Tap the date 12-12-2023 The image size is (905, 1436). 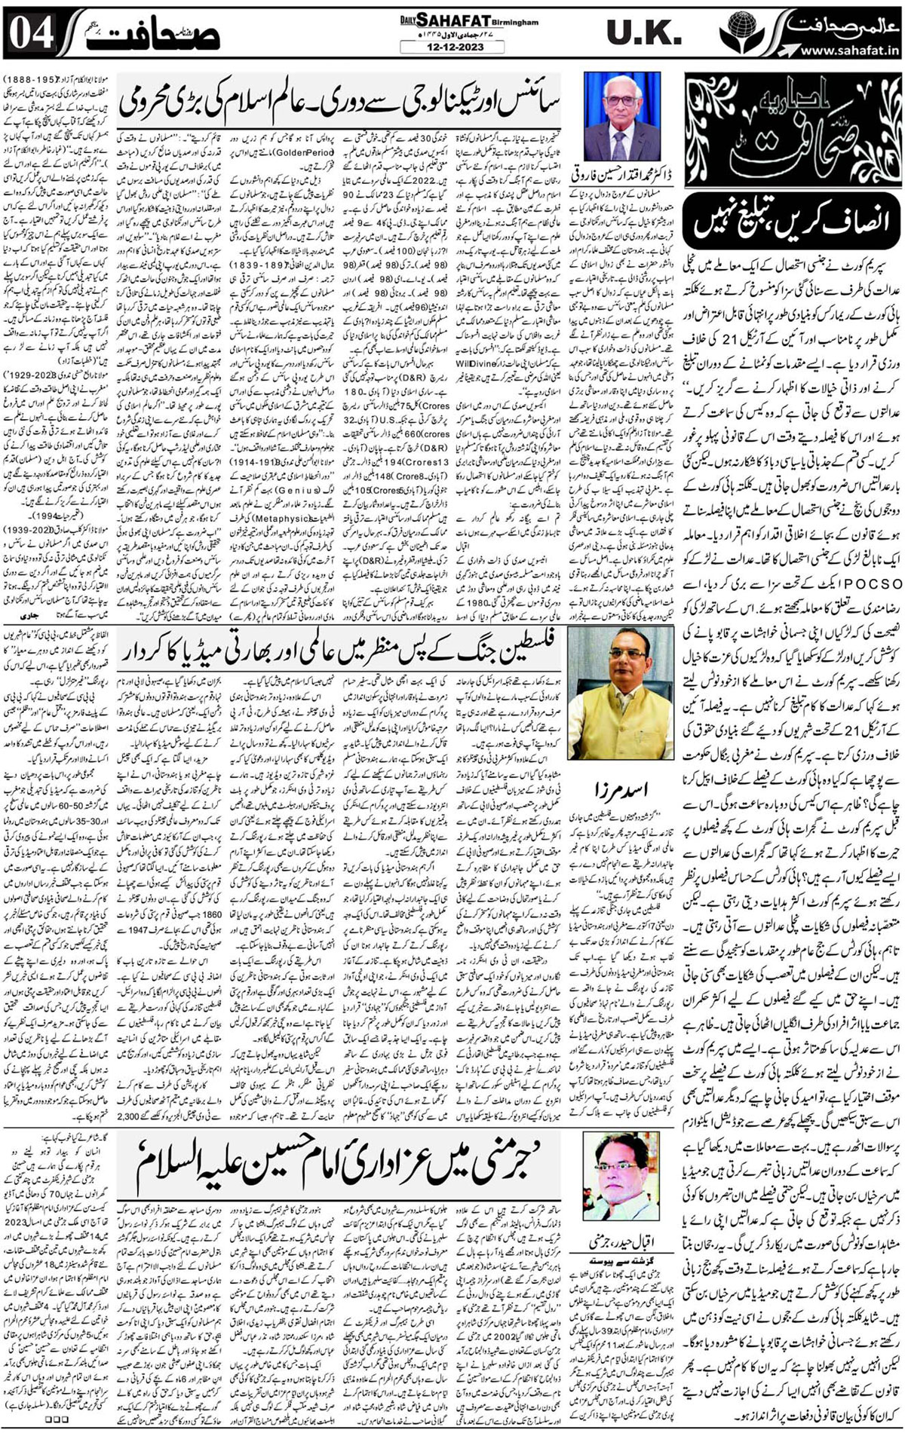click(452, 47)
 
